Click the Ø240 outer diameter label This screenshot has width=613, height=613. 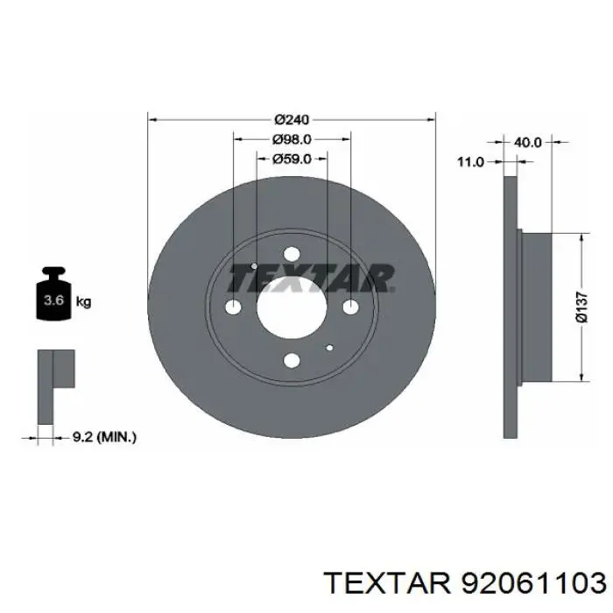coord(292,119)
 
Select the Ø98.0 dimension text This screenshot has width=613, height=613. coord(292,139)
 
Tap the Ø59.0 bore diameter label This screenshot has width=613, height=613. coord(292,159)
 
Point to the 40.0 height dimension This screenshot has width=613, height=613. coord(527,141)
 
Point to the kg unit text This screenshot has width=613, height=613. coord(84,303)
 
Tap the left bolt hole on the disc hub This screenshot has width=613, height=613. coord(233,307)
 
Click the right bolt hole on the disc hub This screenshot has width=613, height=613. coord(350,306)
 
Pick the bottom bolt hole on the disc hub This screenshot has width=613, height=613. coord(292,359)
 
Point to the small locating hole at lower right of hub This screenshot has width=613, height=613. coord(329,347)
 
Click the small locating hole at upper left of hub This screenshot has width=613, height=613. coord(253,266)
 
